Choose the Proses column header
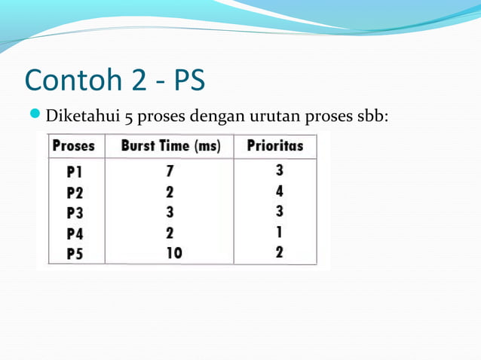pyautogui.click(x=73, y=146)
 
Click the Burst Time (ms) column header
pyautogui.click(x=170, y=146)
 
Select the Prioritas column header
pyautogui.click(x=275, y=146)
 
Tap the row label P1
pyautogui.click(x=73, y=172)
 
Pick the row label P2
pyautogui.click(x=74, y=192)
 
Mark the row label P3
pyautogui.click(x=74, y=212)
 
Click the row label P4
pyautogui.click(x=74, y=233)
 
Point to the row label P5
pyautogui.click(x=74, y=253)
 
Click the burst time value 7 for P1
pyautogui.click(x=170, y=172)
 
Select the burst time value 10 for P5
pyautogui.click(x=174, y=253)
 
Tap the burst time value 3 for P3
pyautogui.click(x=170, y=212)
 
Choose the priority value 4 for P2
pyautogui.click(x=279, y=192)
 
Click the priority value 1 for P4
pyautogui.click(x=279, y=233)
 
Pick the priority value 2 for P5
pyautogui.click(x=279, y=253)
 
